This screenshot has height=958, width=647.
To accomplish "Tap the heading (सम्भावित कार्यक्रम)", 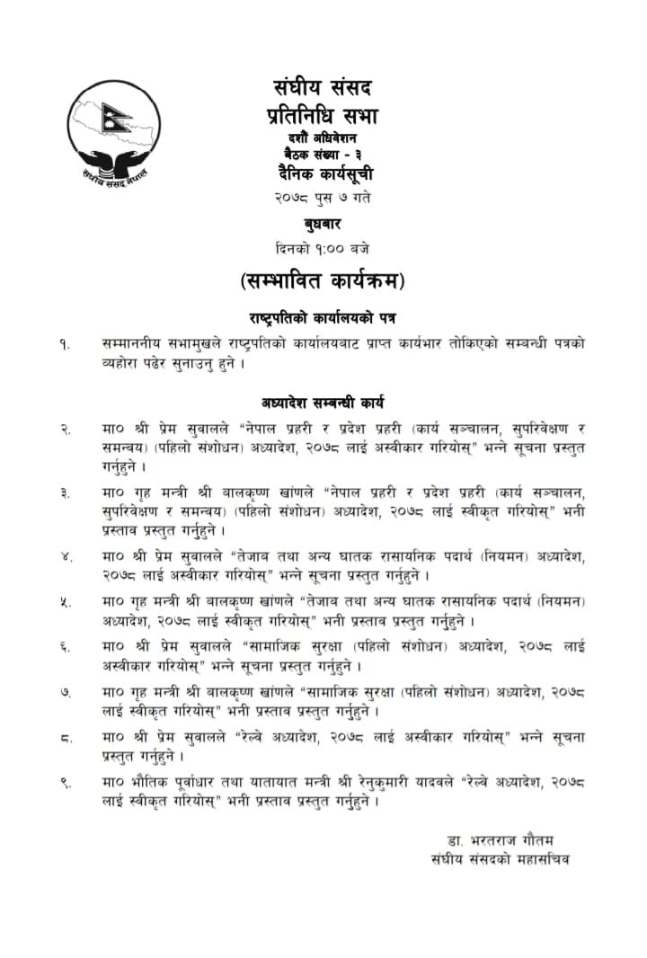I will [323, 280].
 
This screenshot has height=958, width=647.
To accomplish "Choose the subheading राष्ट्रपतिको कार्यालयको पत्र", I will [323, 318].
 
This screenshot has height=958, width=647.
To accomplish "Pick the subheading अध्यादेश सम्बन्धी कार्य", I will [323, 403].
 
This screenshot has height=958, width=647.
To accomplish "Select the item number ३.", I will [66, 493].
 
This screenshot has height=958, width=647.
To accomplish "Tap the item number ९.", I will [66, 784].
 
